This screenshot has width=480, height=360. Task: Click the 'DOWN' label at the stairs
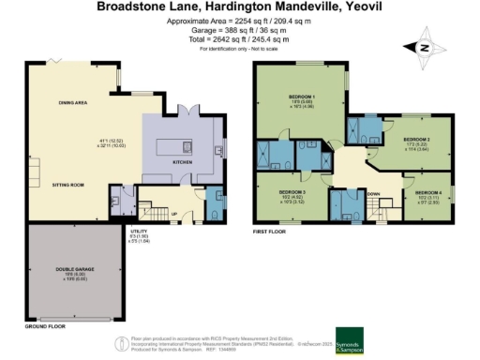point(373,194)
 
